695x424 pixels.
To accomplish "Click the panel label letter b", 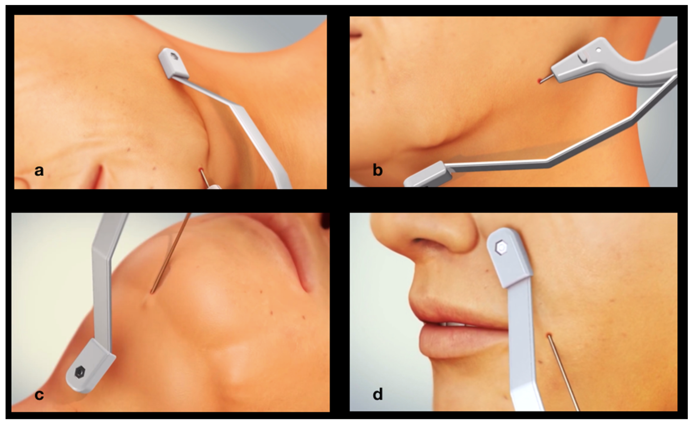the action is pos(377,170).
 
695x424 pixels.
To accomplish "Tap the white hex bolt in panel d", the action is pos(501,248).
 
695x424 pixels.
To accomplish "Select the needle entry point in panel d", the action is pos(548,335).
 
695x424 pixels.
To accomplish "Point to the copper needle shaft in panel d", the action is pos(563,373).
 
